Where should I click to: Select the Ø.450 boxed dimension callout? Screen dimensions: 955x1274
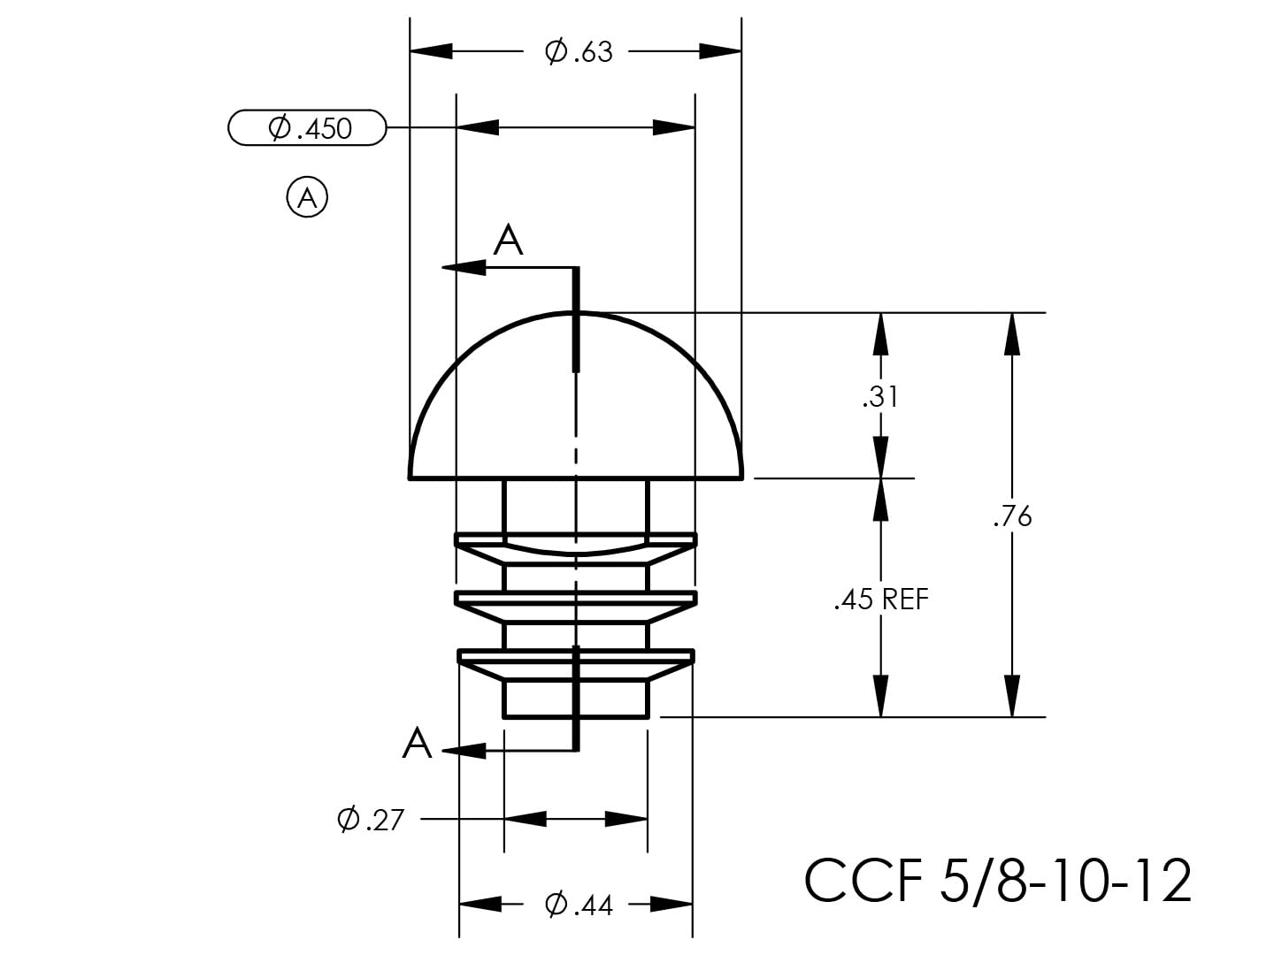point(308,128)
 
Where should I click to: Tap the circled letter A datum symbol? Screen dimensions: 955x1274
point(307,197)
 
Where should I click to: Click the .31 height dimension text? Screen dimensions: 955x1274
point(880,397)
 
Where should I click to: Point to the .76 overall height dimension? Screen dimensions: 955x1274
point(1012,516)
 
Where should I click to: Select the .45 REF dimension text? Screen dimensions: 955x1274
point(881,600)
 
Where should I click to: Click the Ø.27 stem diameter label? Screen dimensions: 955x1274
point(370,820)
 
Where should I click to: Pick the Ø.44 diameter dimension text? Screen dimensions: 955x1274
point(579,905)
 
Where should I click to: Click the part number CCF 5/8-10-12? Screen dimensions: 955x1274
point(998,881)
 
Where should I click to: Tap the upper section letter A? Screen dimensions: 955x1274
point(508,241)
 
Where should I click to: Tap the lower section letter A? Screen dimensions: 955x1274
point(417,744)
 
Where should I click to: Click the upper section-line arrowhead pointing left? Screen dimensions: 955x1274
point(464,267)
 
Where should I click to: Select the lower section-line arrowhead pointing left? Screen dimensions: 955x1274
point(464,751)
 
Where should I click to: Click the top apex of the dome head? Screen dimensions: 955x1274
point(576,312)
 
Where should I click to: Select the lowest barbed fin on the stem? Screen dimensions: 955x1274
point(576,663)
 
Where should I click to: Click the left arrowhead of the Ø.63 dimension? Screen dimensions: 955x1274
point(431,51)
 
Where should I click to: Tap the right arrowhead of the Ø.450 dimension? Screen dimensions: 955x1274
point(674,127)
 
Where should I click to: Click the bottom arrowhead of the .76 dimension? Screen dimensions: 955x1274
point(1012,697)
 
